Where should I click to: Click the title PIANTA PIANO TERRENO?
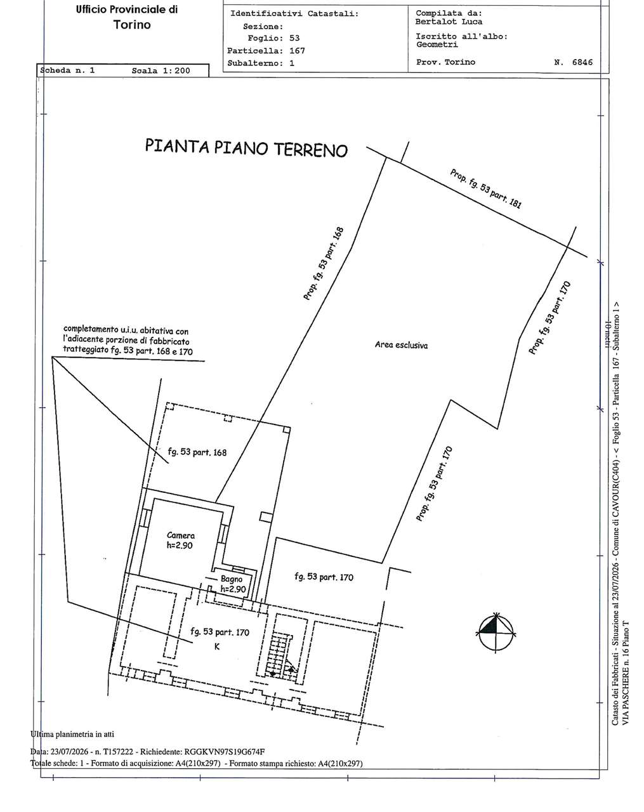coord(246,148)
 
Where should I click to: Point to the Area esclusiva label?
coord(401,344)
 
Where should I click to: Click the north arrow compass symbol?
coord(496,632)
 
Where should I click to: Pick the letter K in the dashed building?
coord(217,646)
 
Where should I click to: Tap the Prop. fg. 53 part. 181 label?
coord(485,188)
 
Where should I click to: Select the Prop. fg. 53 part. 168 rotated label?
coord(324,263)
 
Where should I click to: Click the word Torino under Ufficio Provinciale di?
coord(132,25)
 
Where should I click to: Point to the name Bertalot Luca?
coord(449,22)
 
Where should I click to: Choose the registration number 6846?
coord(582,62)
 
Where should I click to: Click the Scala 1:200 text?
coord(161,70)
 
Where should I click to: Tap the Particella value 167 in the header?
coord(297,51)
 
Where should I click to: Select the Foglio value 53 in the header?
coord(294,38)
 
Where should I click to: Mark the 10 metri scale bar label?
coord(608,335)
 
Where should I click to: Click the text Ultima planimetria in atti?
coord(72,734)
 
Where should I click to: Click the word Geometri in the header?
coord(437,44)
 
